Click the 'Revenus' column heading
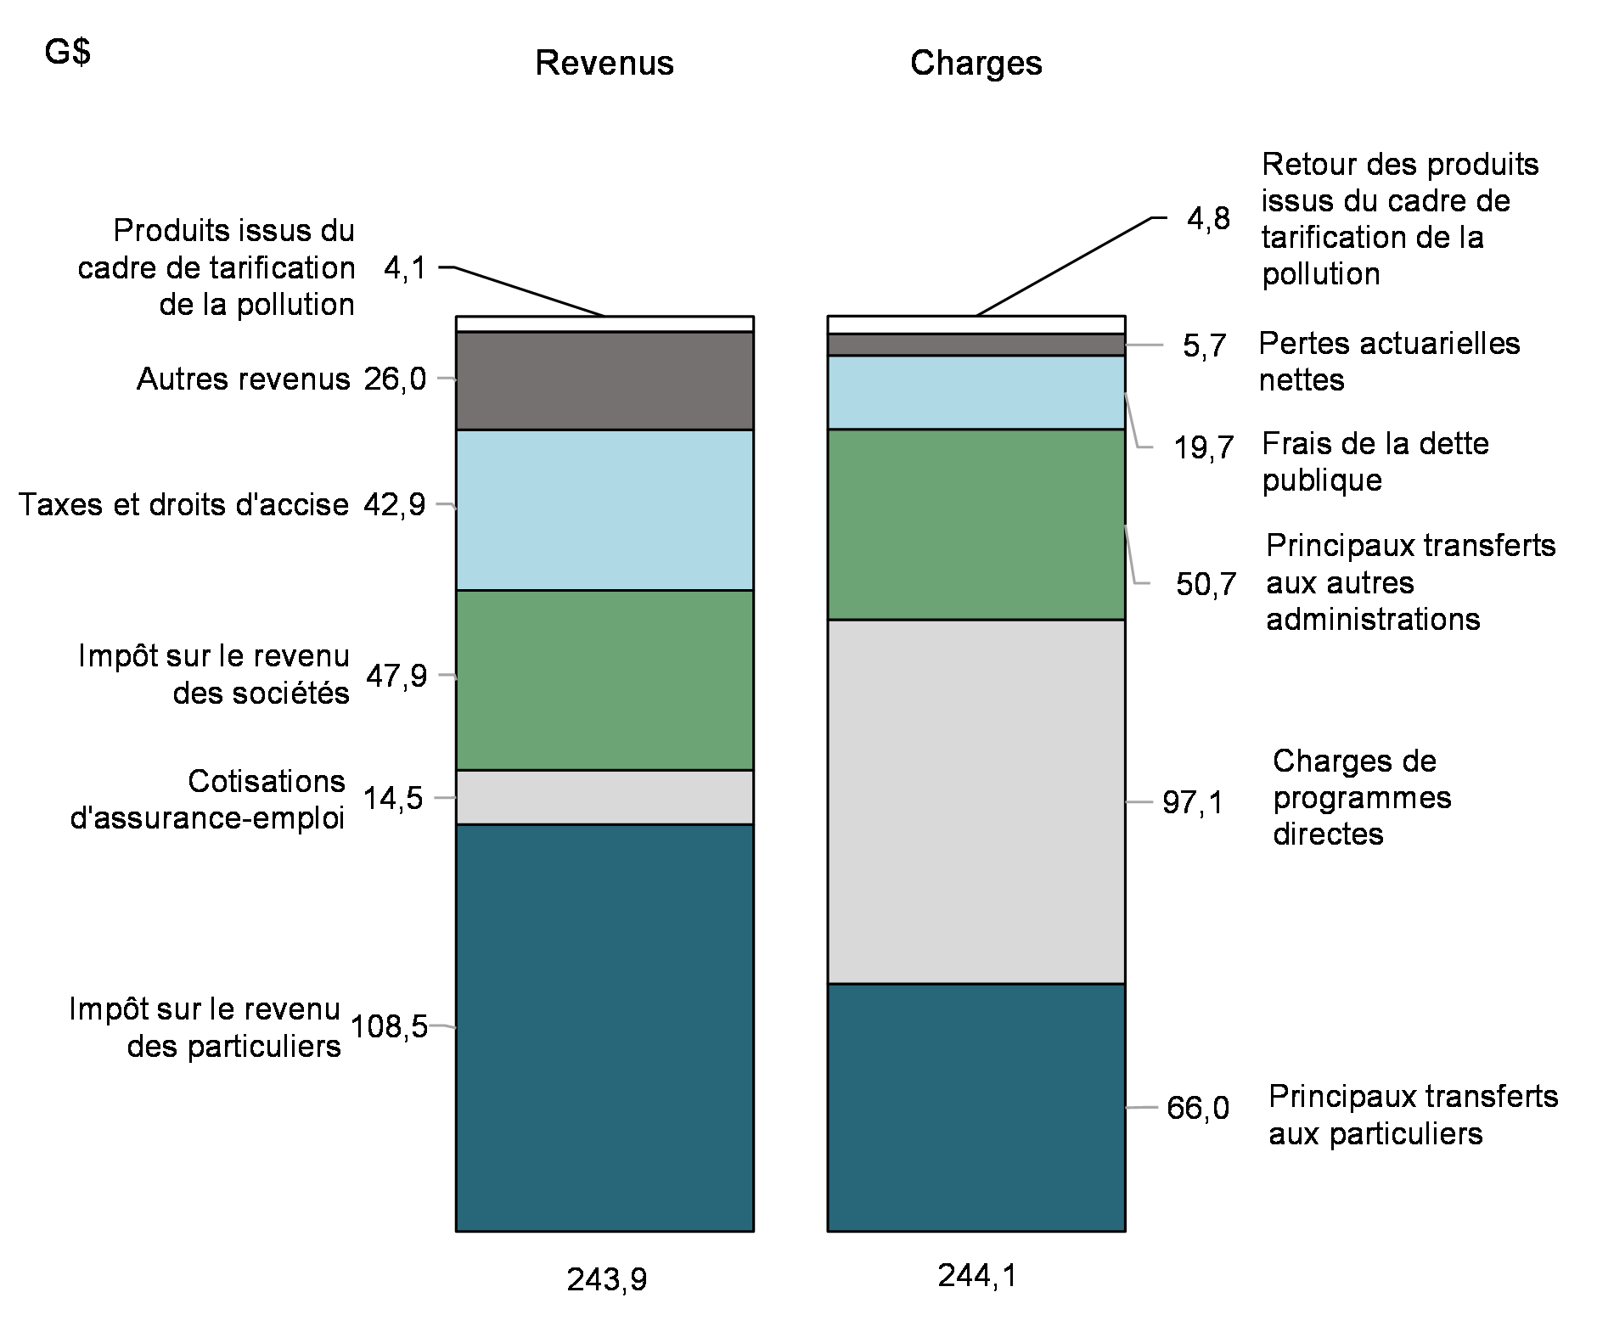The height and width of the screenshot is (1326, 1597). (x=604, y=64)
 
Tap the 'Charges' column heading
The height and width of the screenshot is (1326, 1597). (x=976, y=64)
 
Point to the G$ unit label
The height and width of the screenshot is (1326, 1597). (x=68, y=53)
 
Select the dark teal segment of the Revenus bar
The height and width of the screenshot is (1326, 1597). (x=604, y=1027)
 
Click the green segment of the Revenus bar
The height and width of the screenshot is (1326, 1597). (x=604, y=679)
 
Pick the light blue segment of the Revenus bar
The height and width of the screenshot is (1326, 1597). (x=604, y=509)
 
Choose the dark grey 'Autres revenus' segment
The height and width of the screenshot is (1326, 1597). (x=604, y=380)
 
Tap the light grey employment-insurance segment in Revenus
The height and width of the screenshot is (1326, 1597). (x=604, y=797)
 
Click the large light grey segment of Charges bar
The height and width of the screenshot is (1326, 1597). (x=976, y=801)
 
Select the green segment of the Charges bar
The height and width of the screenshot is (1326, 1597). (x=976, y=524)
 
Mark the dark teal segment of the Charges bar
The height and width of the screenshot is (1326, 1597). (x=976, y=1107)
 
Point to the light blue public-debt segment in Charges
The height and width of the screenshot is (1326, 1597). (x=976, y=392)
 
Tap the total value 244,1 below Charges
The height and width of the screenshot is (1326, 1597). (x=976, y=1276)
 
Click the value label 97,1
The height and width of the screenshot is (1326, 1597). (x=1193, y=802)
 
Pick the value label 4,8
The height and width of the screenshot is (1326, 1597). (x=1208, y=219)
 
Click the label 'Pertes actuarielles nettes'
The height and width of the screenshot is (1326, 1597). (x=1388, y=361)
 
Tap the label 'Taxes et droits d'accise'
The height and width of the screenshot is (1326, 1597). (x=184, y=505)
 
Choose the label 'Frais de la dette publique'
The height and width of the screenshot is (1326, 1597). (x=1375, y=462)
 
